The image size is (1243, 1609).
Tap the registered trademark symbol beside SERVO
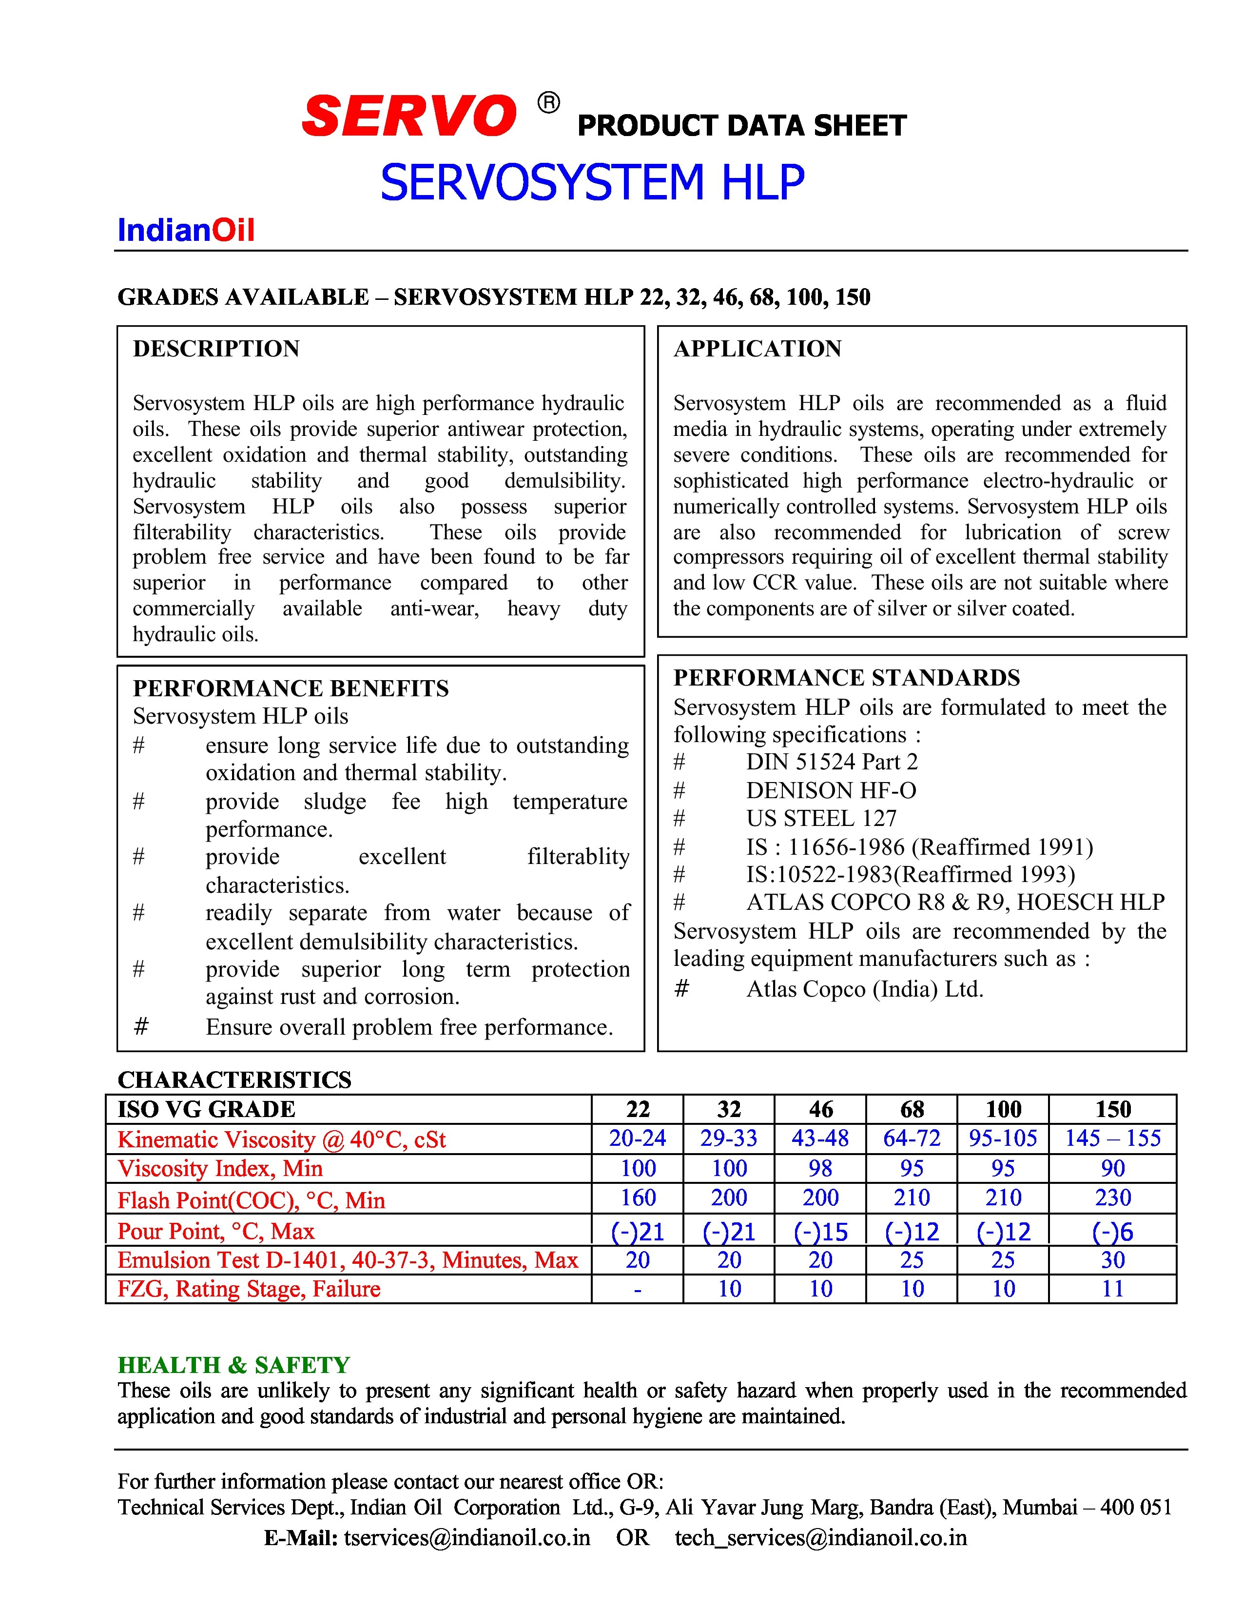548,103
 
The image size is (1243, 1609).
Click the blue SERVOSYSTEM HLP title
592,183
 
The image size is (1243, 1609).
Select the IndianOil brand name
186,231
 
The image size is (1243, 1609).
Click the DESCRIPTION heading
216,349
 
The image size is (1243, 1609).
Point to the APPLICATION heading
757,349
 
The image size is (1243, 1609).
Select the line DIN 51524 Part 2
832,762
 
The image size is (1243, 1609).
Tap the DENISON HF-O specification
831,790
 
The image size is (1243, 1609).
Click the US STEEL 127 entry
821,819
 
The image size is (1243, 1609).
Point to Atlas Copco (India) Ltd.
865,989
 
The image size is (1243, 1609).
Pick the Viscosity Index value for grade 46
820,1168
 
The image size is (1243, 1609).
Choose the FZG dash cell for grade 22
637,1289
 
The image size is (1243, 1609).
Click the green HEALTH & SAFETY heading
233,1365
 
